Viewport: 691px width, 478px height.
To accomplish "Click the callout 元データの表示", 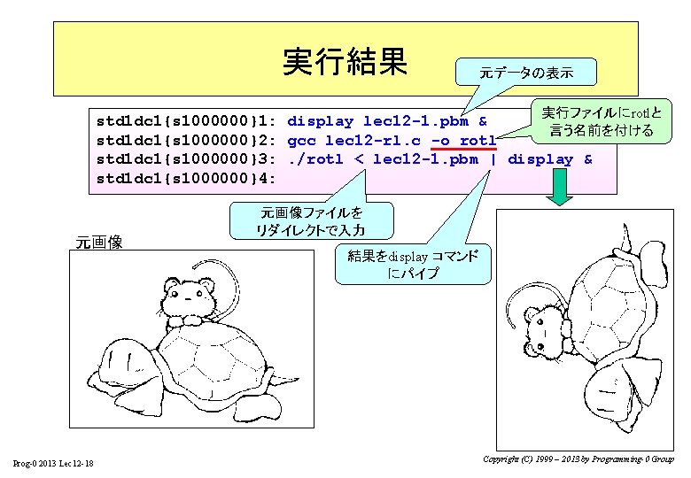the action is click(525, 72).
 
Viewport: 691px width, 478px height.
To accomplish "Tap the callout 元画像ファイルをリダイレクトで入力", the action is click(310, 221).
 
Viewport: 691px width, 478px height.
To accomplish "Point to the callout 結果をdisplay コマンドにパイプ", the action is click(413, 264).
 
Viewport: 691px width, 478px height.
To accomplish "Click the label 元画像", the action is click(99, 242).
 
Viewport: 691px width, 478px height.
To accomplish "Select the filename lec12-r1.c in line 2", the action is click(372, 140).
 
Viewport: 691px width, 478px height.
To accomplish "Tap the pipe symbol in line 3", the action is click(493, 159).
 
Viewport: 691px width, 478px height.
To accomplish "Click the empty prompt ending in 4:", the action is click(187, 179).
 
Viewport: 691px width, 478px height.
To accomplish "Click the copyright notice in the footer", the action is click(578, 459).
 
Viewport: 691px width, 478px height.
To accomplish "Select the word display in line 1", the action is click(321, 121).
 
